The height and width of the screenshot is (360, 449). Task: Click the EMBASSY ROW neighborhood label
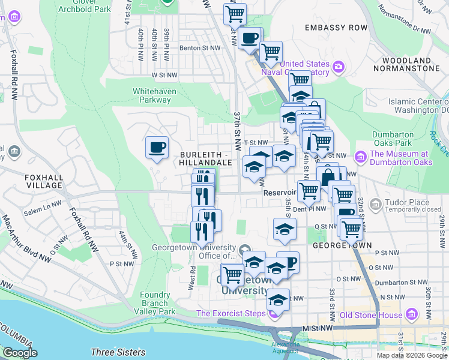[x=336, y=28]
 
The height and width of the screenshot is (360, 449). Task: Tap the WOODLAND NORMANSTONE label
[x=406, y=65]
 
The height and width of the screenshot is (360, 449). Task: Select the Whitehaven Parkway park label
[x=152, y=96]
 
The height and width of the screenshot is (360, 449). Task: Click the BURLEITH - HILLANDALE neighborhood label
[x=206, y=158]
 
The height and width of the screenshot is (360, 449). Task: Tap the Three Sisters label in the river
[x=118, y=352]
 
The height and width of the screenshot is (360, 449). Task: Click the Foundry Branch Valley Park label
[x=158, y=303]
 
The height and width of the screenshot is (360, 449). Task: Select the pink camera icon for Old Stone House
[x=411, y=314]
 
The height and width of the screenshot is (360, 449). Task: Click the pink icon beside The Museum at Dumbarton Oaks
[x=361, y=157]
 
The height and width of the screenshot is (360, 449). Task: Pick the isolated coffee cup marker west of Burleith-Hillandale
[x=157, y=147]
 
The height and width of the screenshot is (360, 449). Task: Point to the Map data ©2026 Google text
[x=412, y=355]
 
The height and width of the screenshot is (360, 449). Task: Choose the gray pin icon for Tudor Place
[x=376, y=205]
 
